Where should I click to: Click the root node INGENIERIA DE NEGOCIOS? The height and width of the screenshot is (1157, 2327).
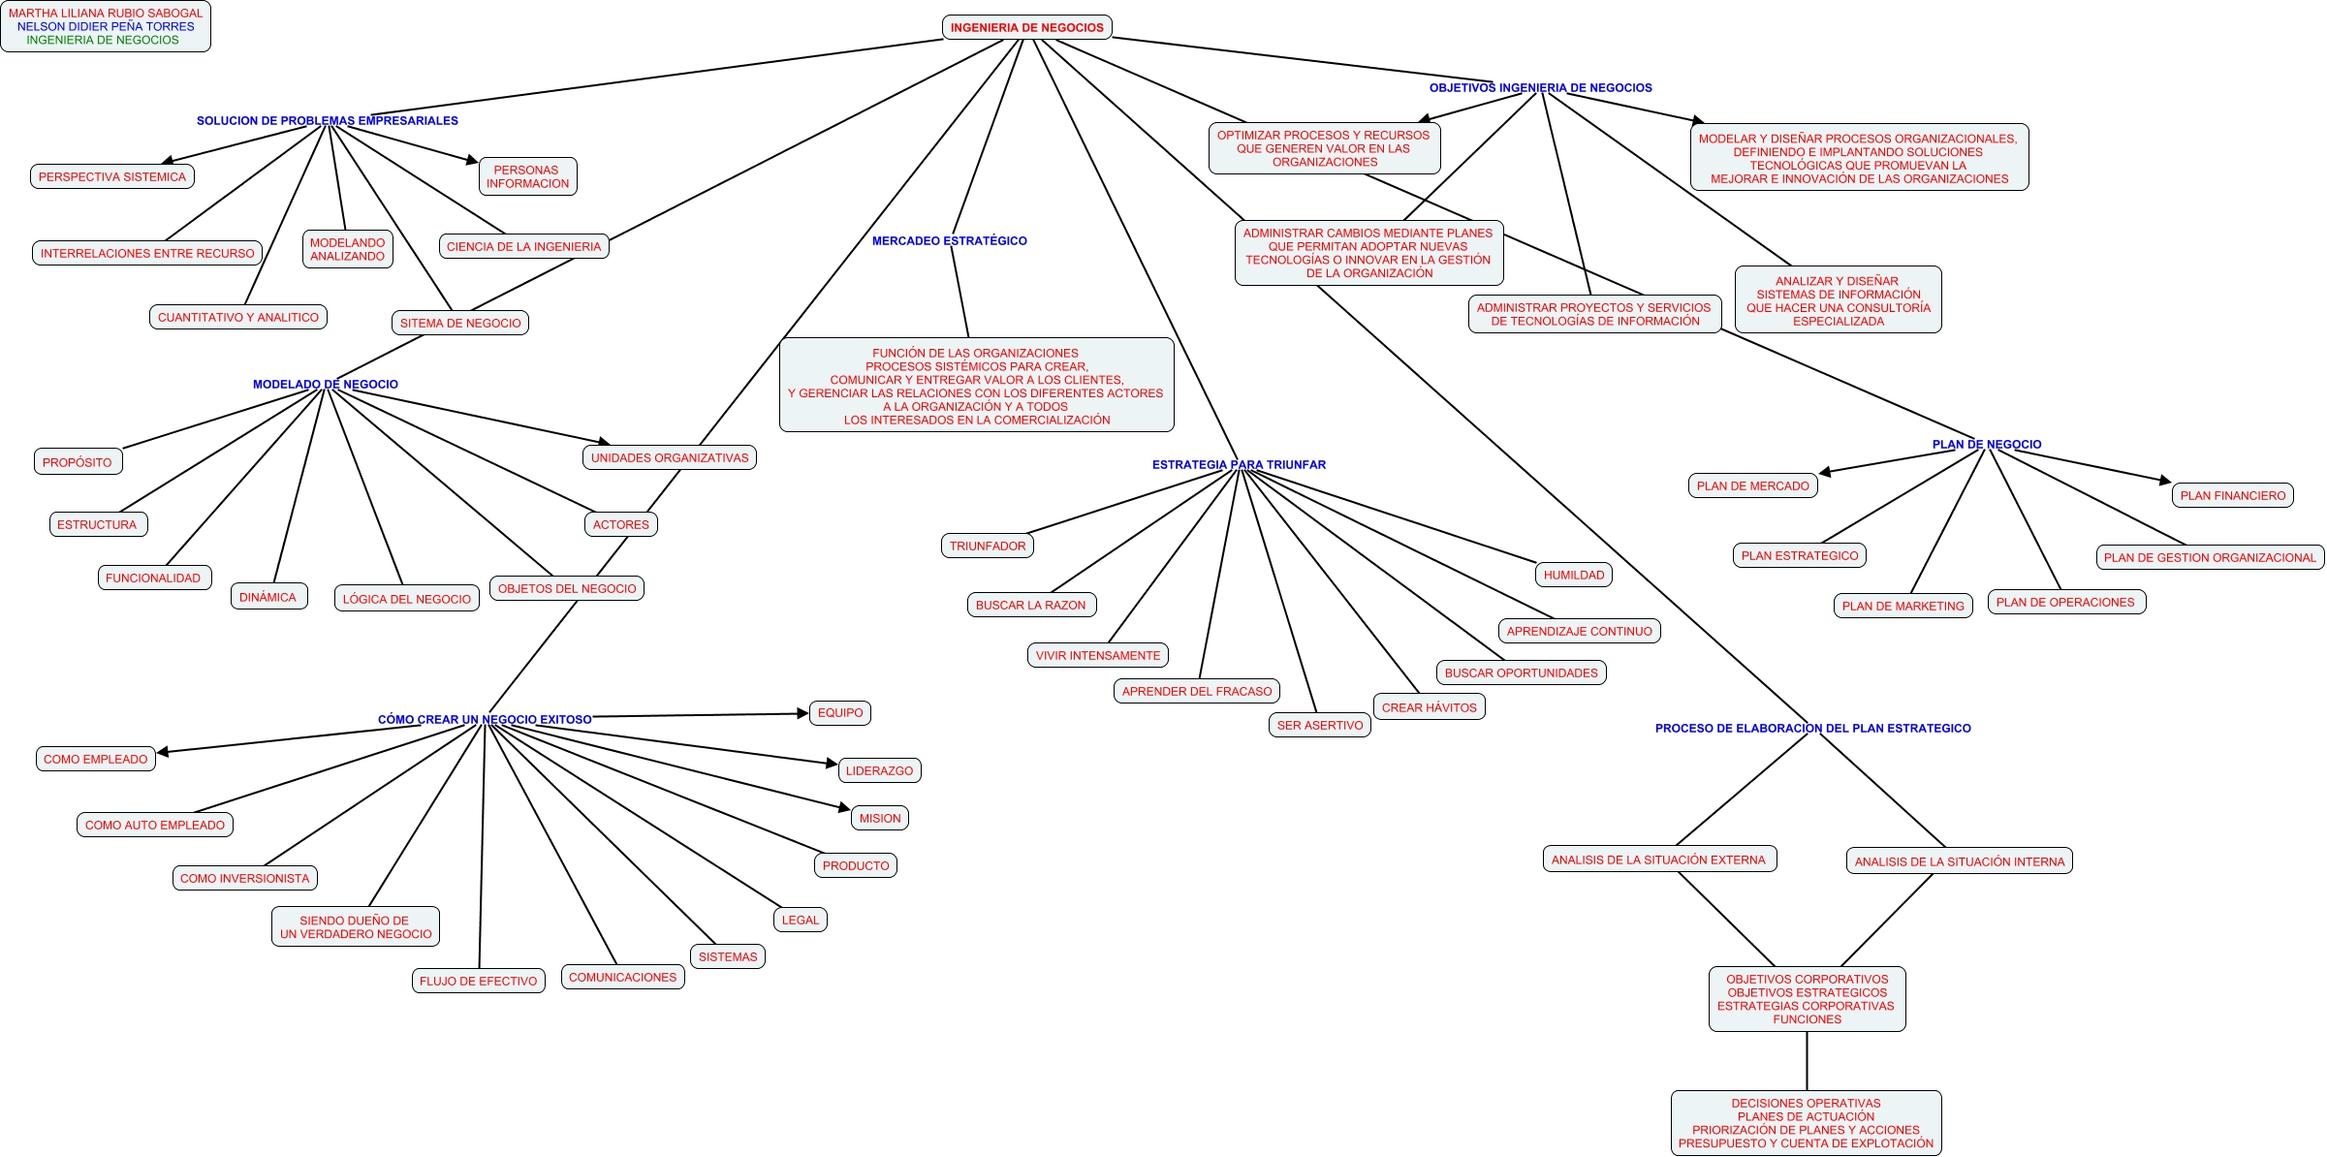tap(1026, 27)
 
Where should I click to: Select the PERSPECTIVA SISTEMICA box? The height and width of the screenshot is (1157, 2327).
tap(112, 176)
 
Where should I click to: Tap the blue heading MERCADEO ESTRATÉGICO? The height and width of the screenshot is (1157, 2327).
tap(949, 240)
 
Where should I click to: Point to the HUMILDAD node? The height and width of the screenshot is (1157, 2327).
tap(1573, 575)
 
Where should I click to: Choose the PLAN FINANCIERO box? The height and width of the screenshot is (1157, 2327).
tap(2232, 495)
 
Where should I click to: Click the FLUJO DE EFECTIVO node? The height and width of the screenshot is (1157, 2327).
tap(478, 981)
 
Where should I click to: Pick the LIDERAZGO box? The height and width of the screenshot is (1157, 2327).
tap(879, 770)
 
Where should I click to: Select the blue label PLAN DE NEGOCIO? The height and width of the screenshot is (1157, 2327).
tap(1986, 445)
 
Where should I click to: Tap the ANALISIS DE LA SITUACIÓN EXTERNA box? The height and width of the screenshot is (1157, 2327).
tap(1658, 860)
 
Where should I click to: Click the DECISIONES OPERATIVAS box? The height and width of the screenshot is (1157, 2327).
tap(1806, 1123)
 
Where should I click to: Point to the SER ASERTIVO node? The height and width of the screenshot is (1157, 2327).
tap(1319, 725)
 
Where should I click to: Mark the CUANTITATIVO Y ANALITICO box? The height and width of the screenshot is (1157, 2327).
tap(237, 317)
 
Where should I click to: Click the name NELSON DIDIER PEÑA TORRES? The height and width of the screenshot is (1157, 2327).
tap(106, 26)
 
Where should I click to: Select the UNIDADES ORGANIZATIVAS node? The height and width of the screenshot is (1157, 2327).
tap(670, 457)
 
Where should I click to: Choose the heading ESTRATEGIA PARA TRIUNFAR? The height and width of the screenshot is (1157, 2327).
tap(1239, 465)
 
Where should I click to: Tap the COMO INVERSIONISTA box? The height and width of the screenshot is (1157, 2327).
tap(244, 878)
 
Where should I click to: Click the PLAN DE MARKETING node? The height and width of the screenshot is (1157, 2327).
tap(1902, 606)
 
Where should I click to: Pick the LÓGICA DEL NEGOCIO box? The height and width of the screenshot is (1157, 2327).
tap(406, 599)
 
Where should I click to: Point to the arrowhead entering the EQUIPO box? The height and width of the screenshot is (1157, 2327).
tap(803, 713)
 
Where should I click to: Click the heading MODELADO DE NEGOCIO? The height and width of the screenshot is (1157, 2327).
tap(325, 385)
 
